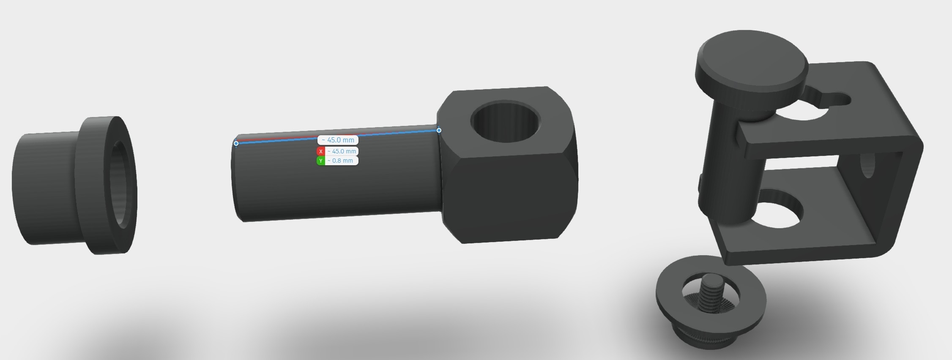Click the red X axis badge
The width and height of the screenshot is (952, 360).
point(321,151)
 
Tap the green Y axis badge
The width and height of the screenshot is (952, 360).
point(321,161)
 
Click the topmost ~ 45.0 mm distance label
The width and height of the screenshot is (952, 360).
point(338,140)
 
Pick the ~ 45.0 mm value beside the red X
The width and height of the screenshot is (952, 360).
point(342,151)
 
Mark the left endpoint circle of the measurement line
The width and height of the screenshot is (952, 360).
point(236,144)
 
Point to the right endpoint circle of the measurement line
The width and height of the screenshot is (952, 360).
point(439,130)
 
